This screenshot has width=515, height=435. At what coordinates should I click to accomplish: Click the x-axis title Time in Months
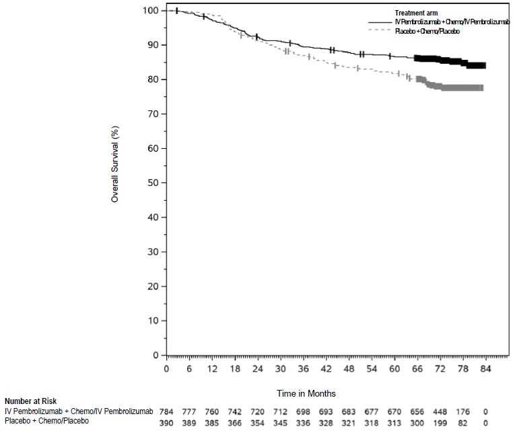tap(306, 393)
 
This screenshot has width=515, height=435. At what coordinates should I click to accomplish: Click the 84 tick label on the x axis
tap(485, 369)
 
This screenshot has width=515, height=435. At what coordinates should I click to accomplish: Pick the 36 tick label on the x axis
tap(304, 369)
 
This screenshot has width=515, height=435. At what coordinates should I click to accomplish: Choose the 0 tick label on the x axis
tap(166, 369)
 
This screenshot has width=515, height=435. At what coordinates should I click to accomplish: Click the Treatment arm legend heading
tap(417, 13)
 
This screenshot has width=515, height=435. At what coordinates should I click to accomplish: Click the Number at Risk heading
tap(30, 401)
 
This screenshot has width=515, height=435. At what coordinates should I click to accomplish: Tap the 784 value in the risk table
tap(166, 411)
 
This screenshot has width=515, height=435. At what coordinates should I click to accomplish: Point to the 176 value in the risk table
tap(462, 411)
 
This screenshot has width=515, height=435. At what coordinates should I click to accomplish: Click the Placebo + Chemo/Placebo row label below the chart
tap(47, 421)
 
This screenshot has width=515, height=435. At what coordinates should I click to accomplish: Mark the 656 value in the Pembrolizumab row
tap(417, 411)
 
